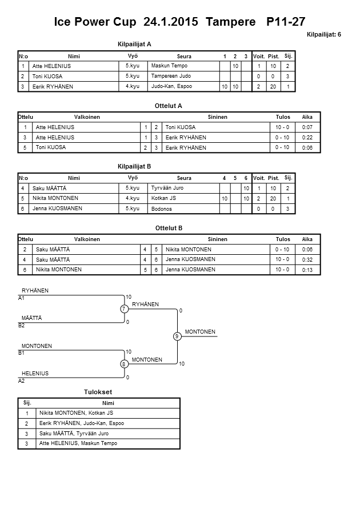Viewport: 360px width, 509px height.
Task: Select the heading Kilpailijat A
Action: coord(134,43)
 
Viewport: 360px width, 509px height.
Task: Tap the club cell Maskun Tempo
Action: coord(169,66)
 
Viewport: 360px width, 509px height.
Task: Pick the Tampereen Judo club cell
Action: coord(171,76)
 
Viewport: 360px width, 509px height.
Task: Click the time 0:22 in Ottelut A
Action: coord(307,138)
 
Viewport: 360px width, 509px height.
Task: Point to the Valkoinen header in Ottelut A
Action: coord(87,117)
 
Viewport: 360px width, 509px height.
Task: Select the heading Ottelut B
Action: coord(169,228)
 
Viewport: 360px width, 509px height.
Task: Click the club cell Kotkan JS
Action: coord(163,198)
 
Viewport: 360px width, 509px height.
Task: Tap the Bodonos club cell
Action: coord(162,209)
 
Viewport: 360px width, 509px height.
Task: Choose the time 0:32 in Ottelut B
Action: coord(307,259)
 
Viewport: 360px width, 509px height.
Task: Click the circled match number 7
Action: coord(123,309)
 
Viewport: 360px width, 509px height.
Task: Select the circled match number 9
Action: coord(177,336)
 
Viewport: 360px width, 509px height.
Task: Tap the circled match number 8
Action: coord(123,364)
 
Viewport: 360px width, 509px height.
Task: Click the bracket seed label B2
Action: coord(22,325)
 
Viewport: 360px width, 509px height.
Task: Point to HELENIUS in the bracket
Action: coord(35,373)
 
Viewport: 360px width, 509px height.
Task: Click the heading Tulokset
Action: coord(98,392)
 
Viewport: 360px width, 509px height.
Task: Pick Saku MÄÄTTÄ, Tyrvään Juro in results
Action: coord(74,434)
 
